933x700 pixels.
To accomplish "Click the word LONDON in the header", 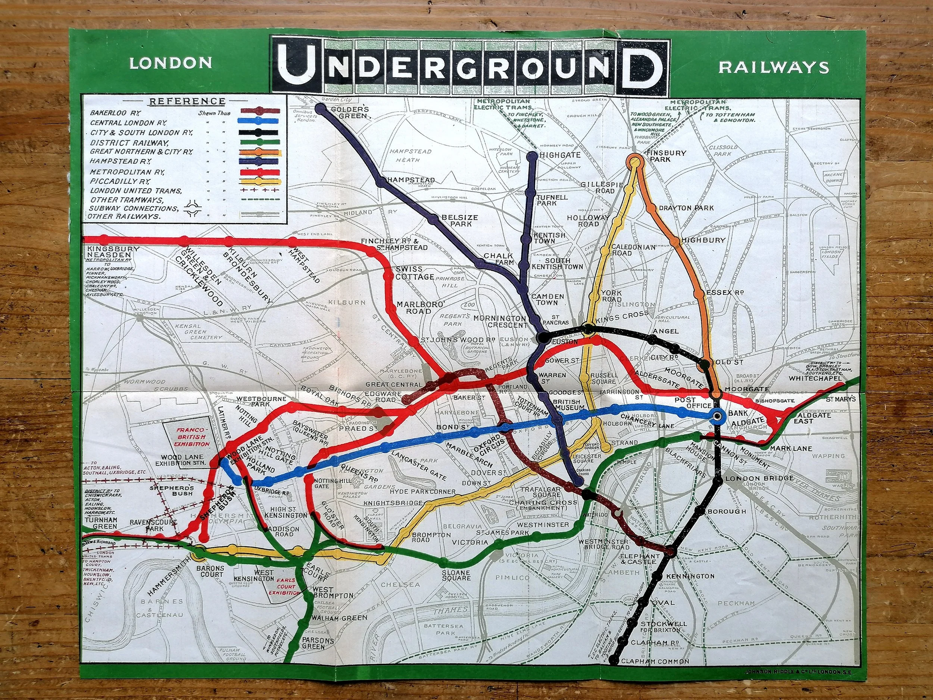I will point(171,63).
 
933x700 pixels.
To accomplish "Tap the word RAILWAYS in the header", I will point(774,68).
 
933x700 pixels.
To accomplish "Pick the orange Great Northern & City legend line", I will point(259,152).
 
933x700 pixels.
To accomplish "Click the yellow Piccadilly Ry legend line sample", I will point(259,181).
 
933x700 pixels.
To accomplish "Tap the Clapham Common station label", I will point(655,673).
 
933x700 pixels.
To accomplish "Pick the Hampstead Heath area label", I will point(405,155).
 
